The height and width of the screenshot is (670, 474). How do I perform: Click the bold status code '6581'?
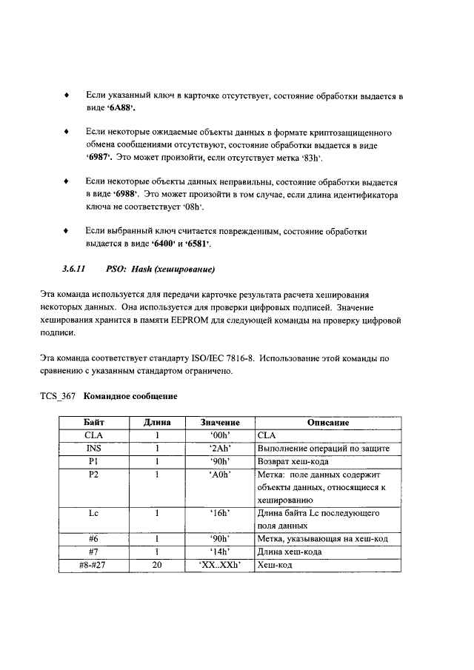point(197,244)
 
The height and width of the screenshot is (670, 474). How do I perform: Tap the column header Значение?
point(219,423)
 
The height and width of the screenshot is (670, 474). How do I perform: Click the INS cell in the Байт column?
point(93,449)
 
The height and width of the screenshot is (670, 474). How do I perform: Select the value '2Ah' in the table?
point(219,449)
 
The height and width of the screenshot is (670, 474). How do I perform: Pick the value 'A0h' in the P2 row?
point(219,475)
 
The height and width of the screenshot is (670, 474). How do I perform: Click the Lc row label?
point(93,513)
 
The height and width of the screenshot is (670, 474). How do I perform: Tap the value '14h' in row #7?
point(219,552)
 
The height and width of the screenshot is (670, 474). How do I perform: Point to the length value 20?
point(157,565)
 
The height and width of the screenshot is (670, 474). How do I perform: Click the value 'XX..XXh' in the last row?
point(219,565)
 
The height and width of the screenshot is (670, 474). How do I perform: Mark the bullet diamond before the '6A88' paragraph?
point(68,96)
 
